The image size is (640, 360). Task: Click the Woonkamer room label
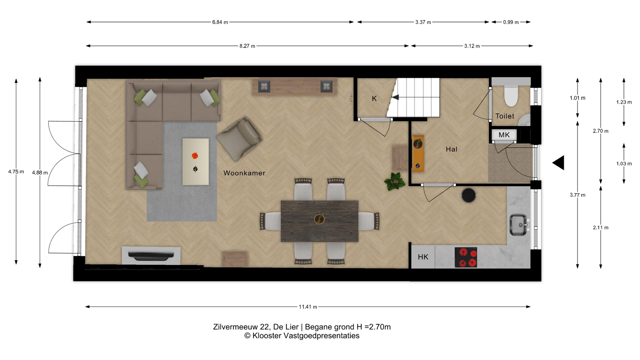244,173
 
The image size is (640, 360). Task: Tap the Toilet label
505,116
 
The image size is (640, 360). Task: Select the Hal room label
452,149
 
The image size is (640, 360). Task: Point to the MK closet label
504,135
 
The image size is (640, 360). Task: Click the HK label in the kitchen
423,257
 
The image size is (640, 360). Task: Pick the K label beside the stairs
374,99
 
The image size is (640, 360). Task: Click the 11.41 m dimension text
308,307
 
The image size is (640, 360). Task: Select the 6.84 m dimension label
220,22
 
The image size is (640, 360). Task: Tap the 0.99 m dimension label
511,22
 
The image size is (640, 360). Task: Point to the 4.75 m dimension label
16,172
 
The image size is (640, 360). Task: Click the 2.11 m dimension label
601,228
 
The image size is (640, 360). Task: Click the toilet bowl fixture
511,96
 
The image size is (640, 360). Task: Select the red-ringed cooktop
466,257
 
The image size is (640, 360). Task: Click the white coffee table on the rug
196,162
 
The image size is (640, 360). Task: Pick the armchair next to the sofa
240,139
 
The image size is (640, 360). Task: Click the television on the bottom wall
151,256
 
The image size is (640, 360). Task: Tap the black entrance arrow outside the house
558,163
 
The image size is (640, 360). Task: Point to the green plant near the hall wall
395,182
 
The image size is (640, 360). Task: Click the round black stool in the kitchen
468,195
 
